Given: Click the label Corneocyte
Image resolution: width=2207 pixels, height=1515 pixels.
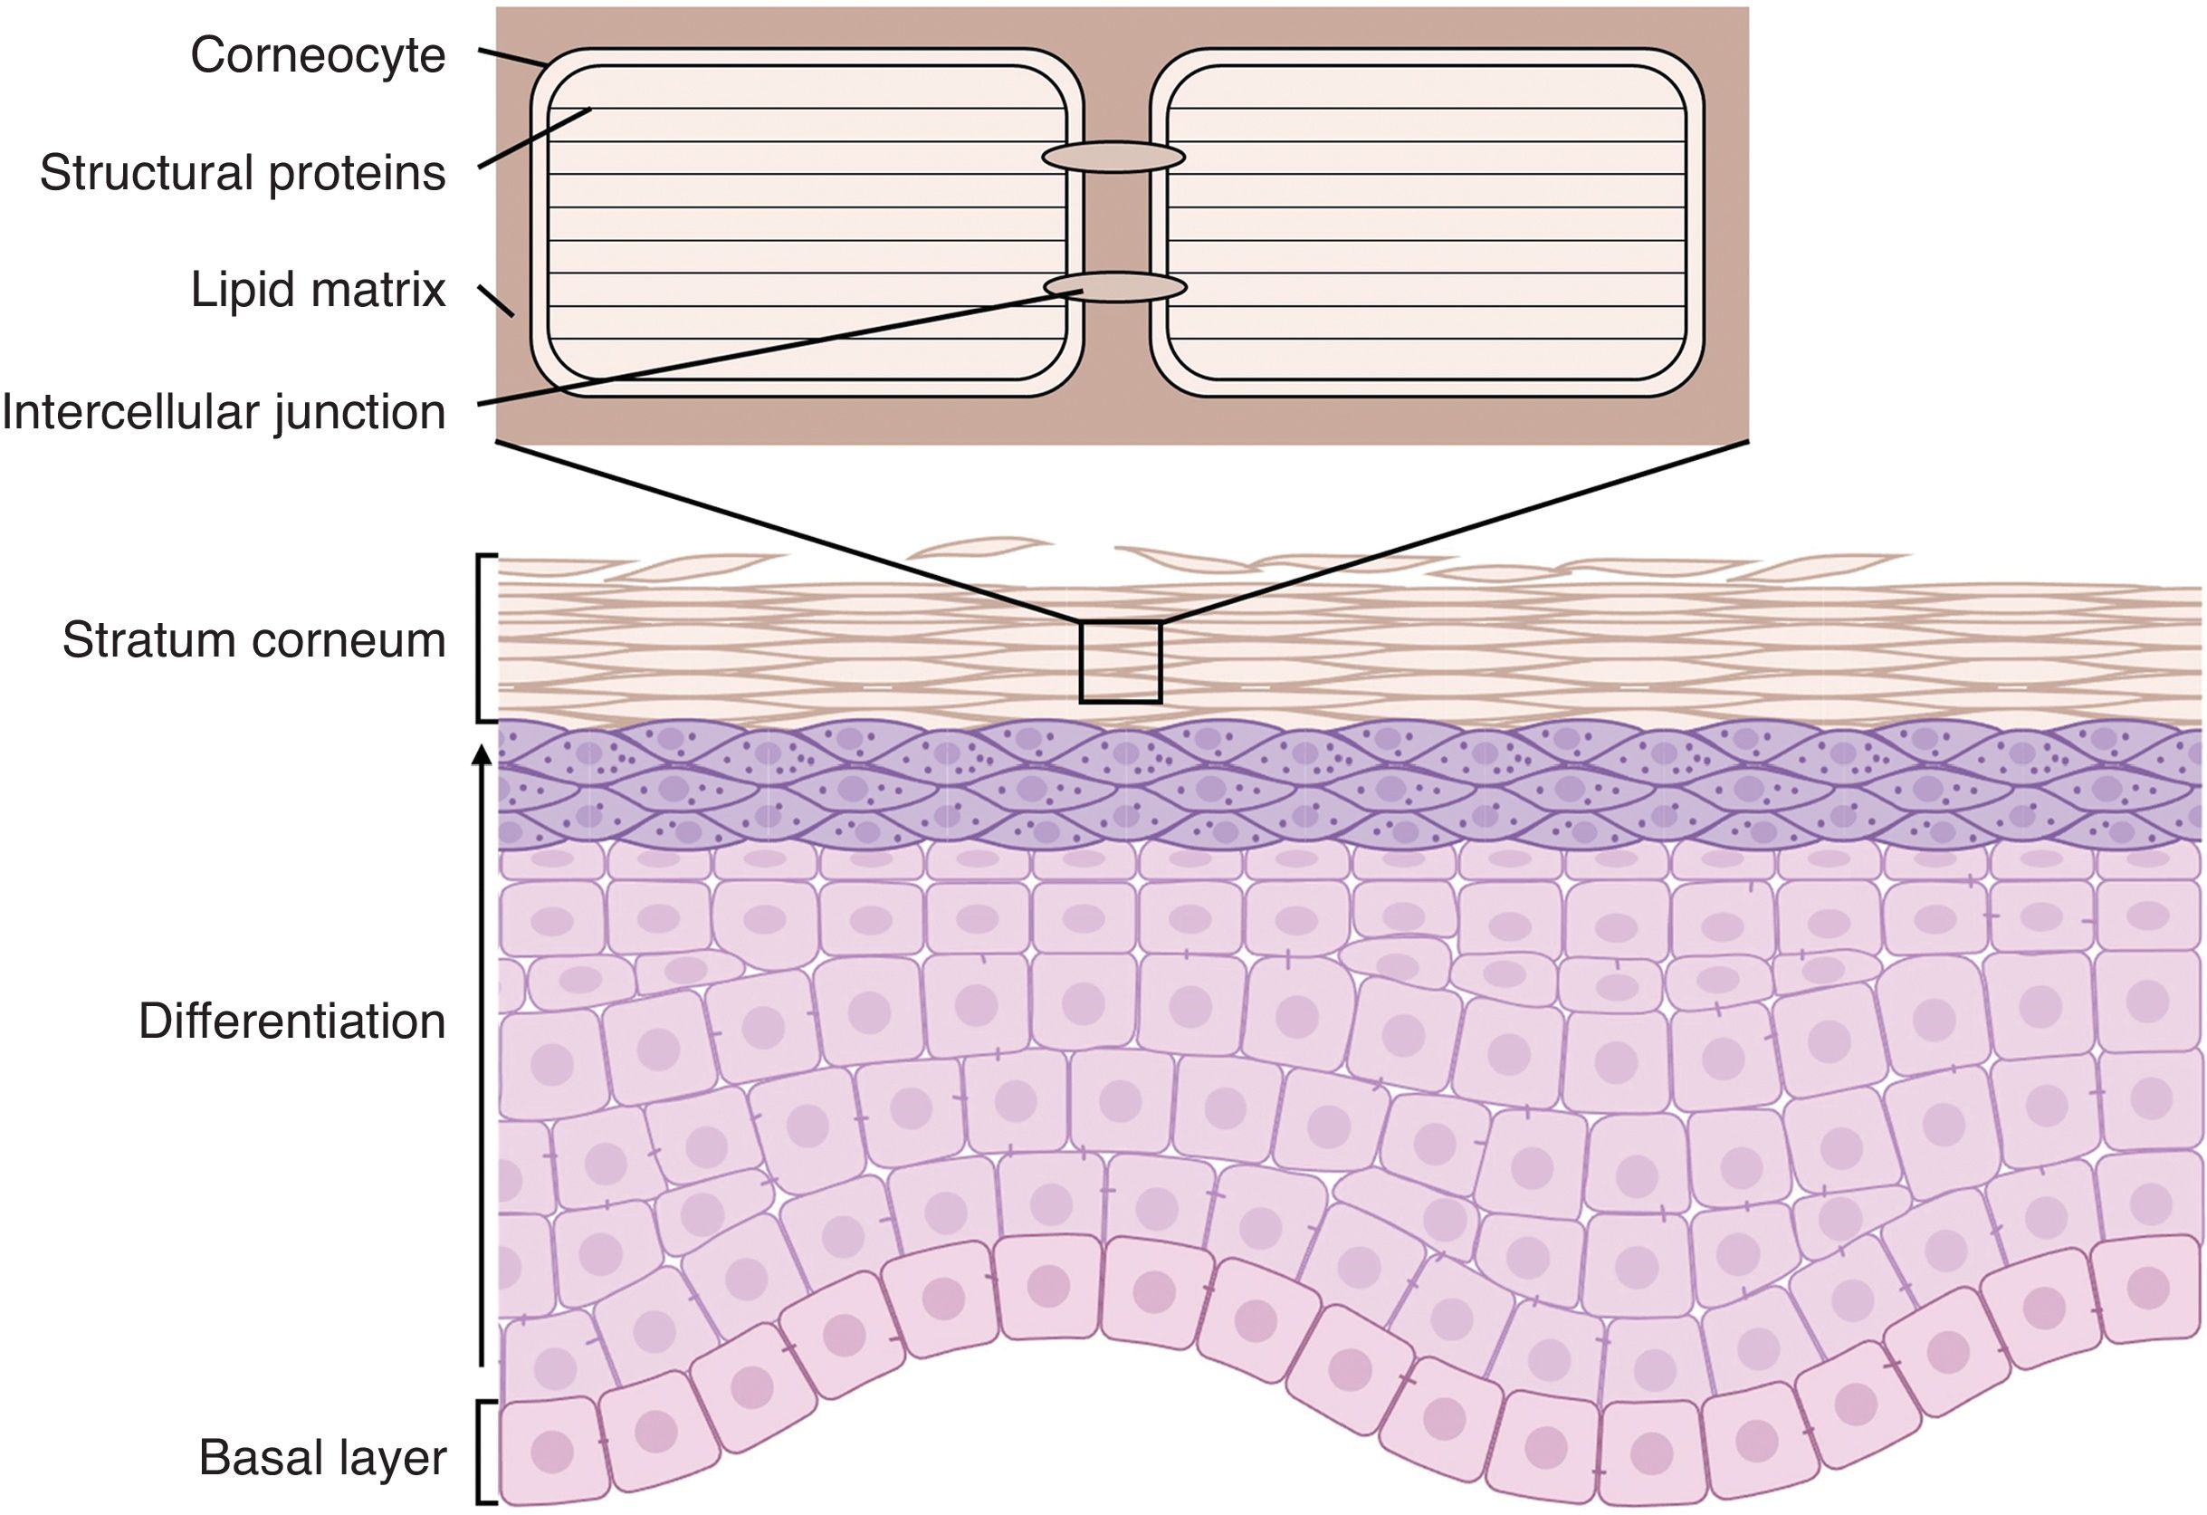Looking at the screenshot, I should coord(318,56).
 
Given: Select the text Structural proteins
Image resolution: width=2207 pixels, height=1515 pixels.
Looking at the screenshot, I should coord(243,174).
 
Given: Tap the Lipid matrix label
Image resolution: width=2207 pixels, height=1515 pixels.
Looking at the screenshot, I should coord(318,290).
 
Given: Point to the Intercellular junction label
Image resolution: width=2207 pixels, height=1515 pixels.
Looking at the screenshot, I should coord(224,412).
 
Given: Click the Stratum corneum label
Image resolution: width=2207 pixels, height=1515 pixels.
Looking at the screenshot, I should coord(253,640).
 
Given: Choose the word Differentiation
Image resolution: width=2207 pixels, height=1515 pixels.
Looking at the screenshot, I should coord(292,1022).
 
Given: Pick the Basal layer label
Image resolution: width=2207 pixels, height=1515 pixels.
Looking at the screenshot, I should coord(323,1458).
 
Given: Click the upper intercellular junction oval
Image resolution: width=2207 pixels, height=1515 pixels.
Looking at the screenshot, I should coord(1113,157).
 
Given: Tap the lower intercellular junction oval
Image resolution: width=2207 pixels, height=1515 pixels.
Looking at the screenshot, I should coord(1115,287).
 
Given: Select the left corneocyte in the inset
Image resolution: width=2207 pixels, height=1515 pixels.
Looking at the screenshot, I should coord(807,223).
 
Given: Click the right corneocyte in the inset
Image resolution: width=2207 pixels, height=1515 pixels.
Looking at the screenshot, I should coord(1427,223).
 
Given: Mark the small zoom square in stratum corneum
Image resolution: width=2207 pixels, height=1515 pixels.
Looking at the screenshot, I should coord(1120,662).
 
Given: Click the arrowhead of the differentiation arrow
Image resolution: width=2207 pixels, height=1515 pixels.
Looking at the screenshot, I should coord(482,756).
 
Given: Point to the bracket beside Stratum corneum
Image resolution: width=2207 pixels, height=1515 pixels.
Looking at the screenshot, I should coord(481,638).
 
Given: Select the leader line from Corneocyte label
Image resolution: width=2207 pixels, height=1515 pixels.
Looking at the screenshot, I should coord(511,57).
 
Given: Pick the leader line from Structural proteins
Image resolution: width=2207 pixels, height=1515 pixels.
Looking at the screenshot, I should coord(534,139).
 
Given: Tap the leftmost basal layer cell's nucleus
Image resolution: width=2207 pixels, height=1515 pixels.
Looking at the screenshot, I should coord(552,1452).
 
